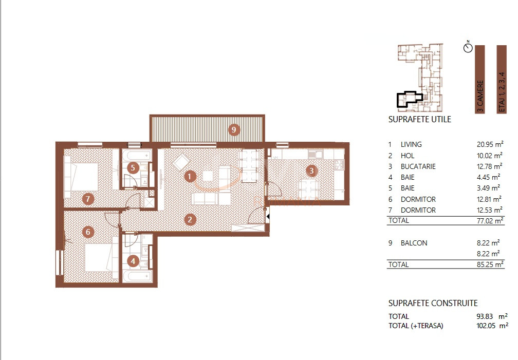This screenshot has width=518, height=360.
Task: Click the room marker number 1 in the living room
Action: pyautogui.click(x=190, y=177)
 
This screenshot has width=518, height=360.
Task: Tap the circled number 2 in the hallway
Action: pyautogui.click(x=190, y=220)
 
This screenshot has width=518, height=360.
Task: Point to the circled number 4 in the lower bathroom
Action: pyautogui.click(x=133, y=261)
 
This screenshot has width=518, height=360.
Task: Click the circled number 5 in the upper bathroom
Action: pyautogui.click(x=133, y=167)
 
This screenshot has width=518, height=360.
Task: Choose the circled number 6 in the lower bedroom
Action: pyautogui.click(x=88, y=232)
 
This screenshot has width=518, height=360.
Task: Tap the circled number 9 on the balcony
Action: pyautogui.click(x=234, y=129)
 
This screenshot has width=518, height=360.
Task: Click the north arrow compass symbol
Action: pyautogui.click(x=467, y=48)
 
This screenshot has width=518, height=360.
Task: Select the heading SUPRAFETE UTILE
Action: pyautogui.click(x=420, y=120)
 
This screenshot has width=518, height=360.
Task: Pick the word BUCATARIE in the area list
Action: pyautogui.click(x=418, y=167)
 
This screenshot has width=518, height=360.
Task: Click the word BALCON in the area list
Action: pyautogui.click(x=414, y=243)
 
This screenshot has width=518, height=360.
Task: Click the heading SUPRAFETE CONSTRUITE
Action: pyautogui.click(x=433, y=304)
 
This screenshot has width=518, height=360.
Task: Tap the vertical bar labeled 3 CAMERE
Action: pyautogui.click(x=480, y=79)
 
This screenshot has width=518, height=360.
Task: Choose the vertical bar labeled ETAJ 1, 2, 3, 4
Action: pyautogui.click(x=502, y=79)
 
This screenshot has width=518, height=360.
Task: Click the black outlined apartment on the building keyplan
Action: pyautogui.click(x=408, y=99)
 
